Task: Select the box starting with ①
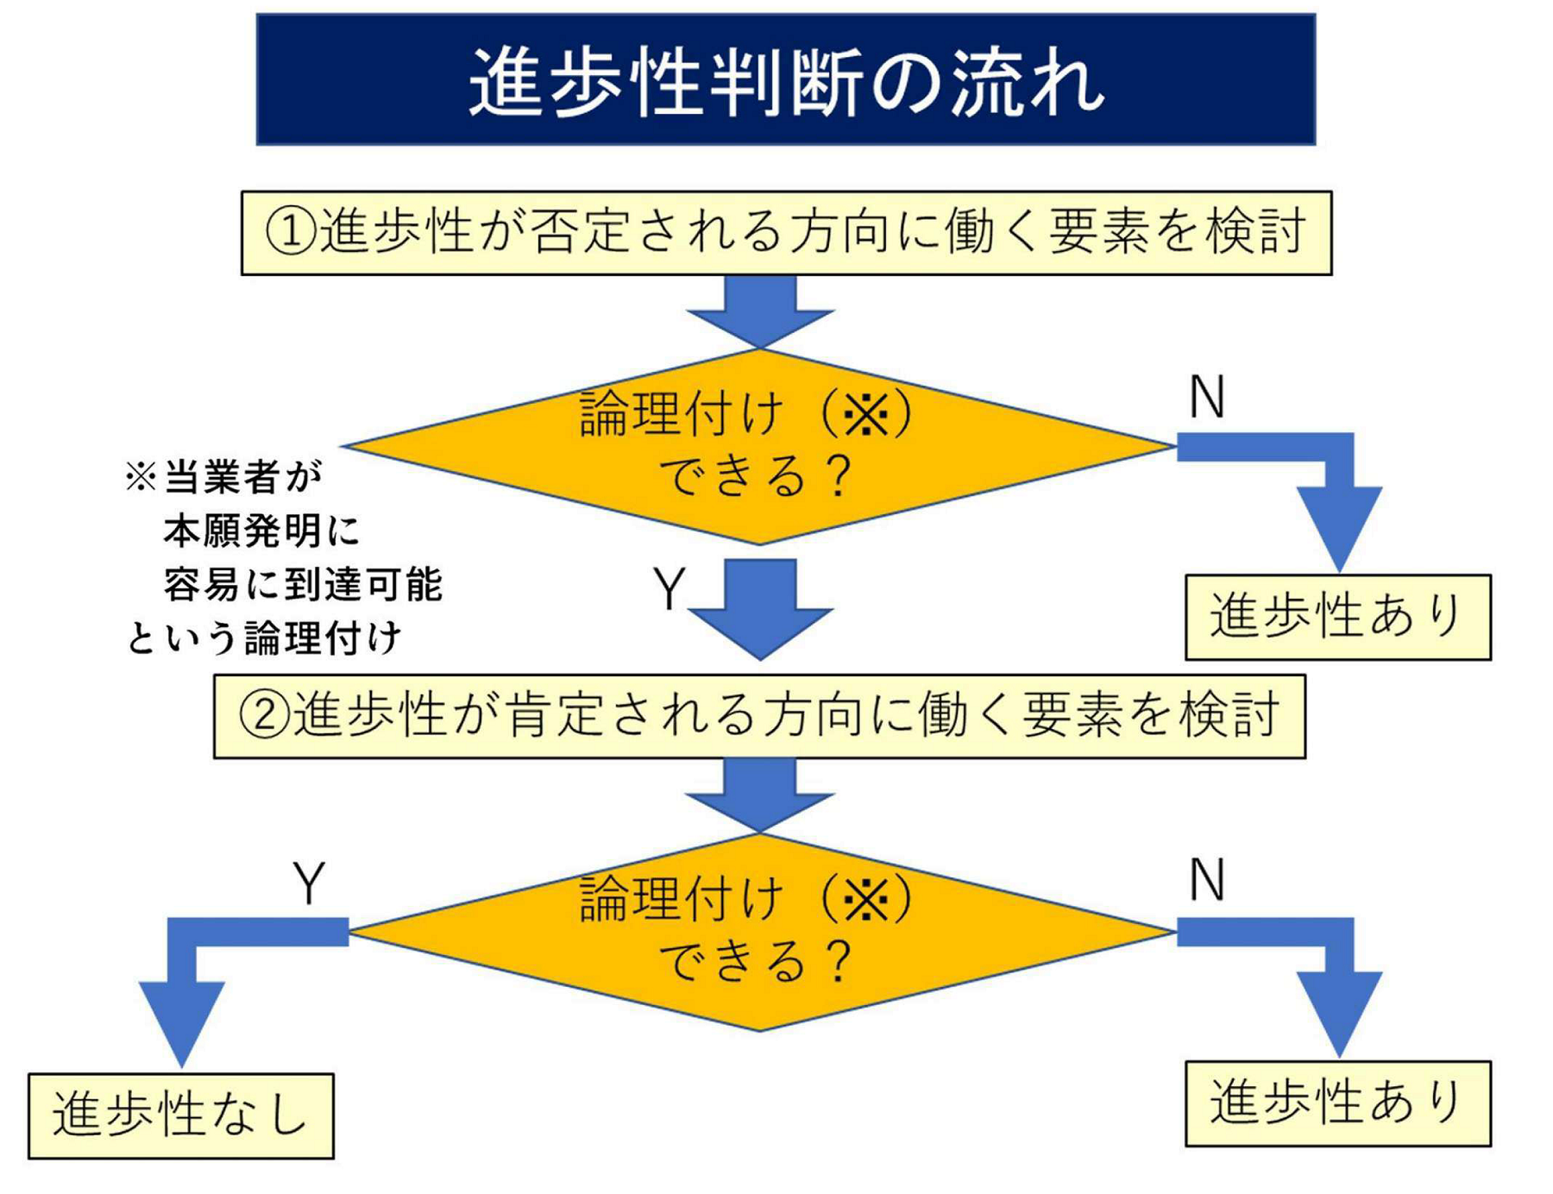[x=785, y=233]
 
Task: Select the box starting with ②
[x=759, y=716]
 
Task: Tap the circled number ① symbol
[x=291, y=233]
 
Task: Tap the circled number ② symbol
[x=264, y=716]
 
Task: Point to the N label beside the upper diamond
[x=1206, y=398]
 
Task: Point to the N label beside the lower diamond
[x=1206, y=881]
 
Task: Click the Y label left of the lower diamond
[x=309, y=883]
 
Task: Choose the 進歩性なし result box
[x=180, y=1115]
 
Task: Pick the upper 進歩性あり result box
[x=1337, y=617]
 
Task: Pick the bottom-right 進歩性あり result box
[x=1337, y=1103]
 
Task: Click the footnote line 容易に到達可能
[x=302, y=585]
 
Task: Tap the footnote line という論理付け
[x=263, y=638]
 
